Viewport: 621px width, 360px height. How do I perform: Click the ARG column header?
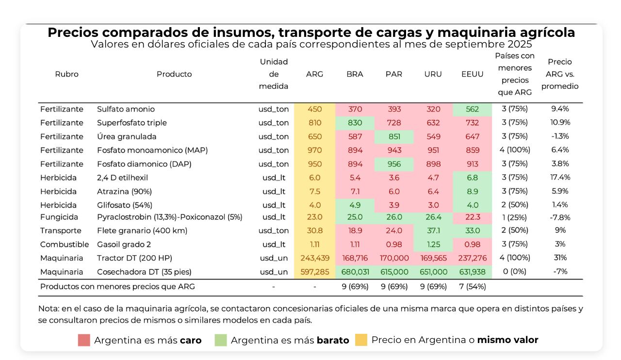pyautogui.click(x=314, y=74)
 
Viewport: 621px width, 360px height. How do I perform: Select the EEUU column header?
pyautogui.click(x=472, y=74)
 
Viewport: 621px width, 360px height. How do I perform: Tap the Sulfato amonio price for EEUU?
pyautogui.click(x=472, y=109)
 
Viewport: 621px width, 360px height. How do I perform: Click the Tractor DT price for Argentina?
pyautogui.click(x=314, y=258)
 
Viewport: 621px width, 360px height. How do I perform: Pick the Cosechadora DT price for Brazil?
pyautogui.click(x=355, y=272)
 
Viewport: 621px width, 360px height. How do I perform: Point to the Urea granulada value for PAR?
pyautogui.click(x=393, y=136)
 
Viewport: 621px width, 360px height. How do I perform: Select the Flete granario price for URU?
pyautogui.click(x=432, y=230)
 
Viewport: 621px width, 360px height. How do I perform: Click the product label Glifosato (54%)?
pyautogui.click(x=124, y=205)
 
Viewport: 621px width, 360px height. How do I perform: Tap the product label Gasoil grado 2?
pyautogui.click(x=124, y=245)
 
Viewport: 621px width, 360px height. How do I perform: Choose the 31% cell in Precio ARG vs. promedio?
pyautogui.click(x=560, y=258)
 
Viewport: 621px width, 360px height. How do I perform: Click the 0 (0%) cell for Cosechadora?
pyautogui.click(x=514, y=272)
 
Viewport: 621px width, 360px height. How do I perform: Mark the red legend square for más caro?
pyautogui.click(x=84, y=340)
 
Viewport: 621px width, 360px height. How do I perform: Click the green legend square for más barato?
pyautogui.click(x=221, y=340)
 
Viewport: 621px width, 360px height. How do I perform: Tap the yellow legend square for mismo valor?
pyautogui.click(x=361, y=340)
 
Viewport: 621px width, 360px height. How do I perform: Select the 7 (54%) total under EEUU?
pyautogui.click(x=472, y=287)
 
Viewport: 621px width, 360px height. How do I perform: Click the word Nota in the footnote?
pyautogui.click(x=48, y=309)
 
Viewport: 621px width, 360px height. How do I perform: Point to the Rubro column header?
pyautogui.click(x=66, y=74)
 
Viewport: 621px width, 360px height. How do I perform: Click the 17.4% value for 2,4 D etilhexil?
pyautogui.click(x=560, y=178)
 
